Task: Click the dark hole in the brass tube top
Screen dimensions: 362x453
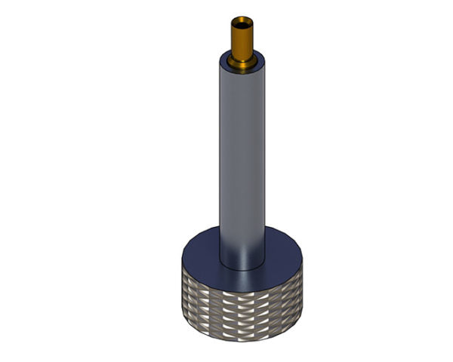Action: pyautogui.click(x=242, y=20)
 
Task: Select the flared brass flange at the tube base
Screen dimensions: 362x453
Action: pyautogui.click(x=242, y=60)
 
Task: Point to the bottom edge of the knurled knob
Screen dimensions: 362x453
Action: pyautogui.click(x=242, y=338)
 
